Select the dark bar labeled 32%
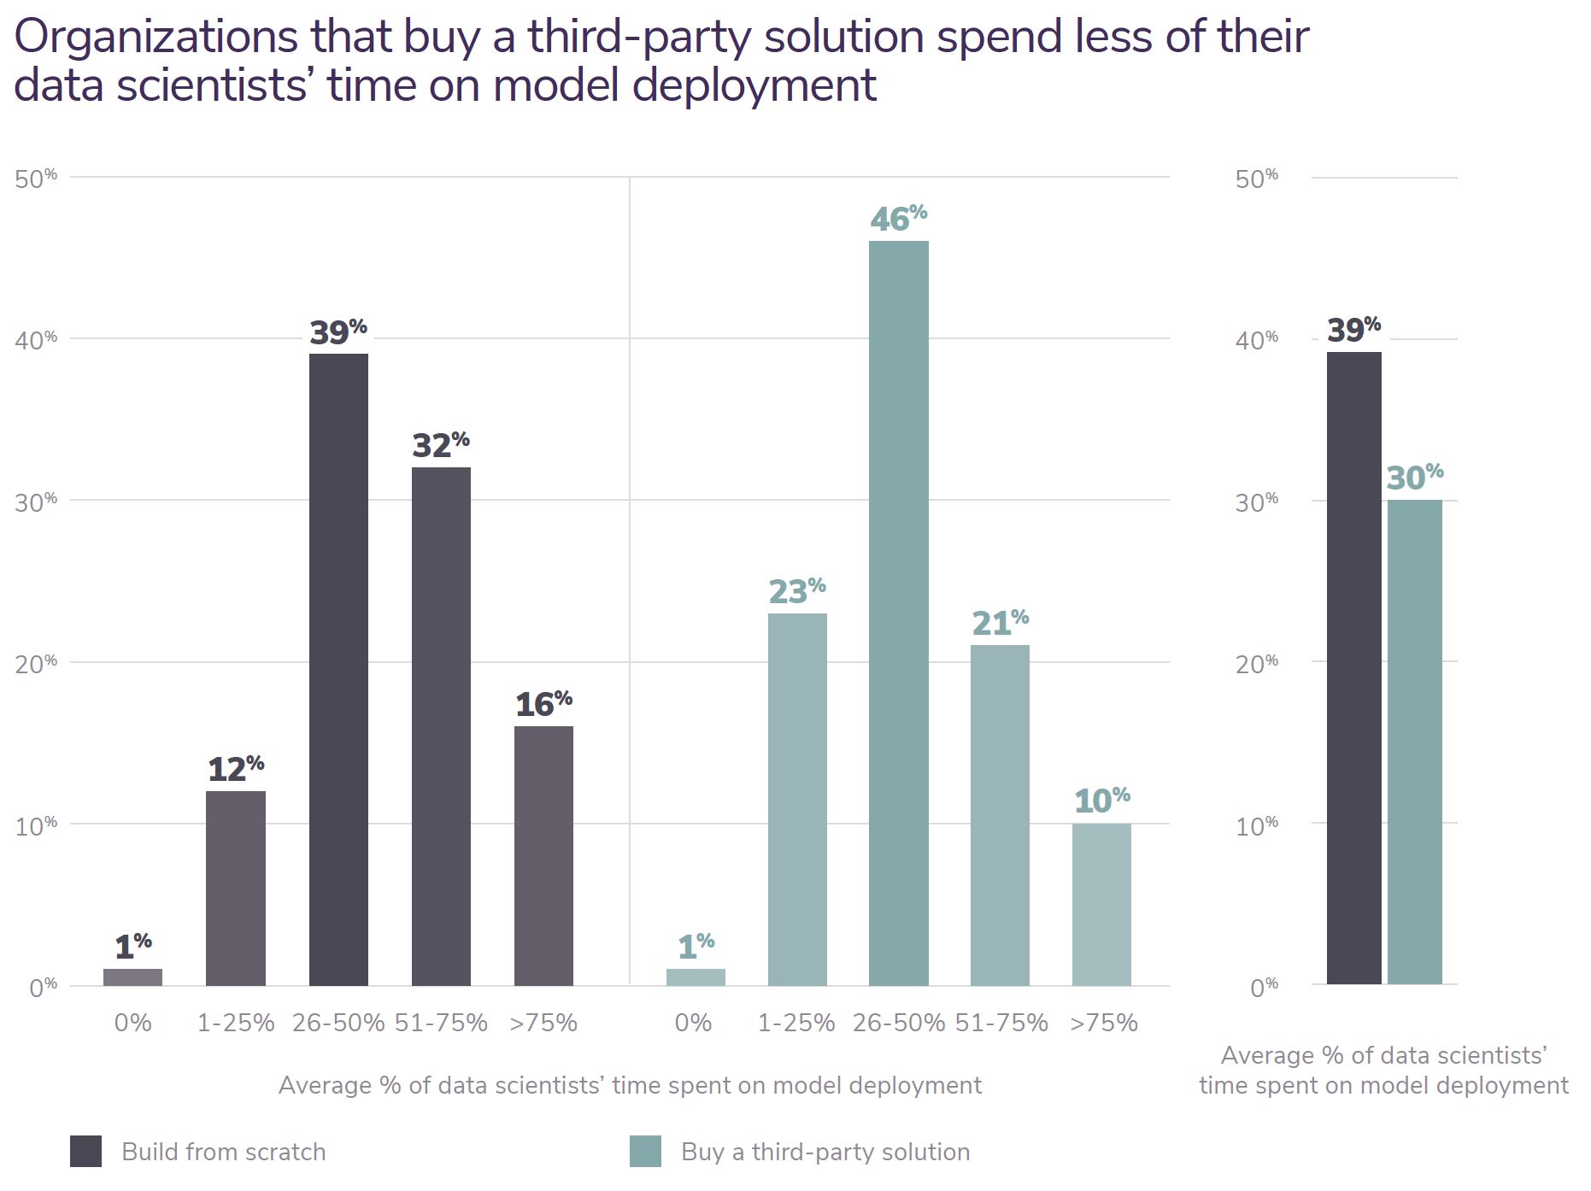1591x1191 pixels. coord(441,726)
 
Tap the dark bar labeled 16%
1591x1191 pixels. coord(543,855)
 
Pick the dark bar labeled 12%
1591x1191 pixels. coord(236,888)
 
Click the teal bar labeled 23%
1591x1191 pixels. coord(797,799)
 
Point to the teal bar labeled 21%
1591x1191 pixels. coord(1000,815)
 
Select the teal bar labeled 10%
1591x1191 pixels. coord(1101,904)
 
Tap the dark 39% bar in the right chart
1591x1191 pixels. coord(1353,667)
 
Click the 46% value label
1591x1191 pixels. coord(898,219)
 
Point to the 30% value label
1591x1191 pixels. coord(1414,478)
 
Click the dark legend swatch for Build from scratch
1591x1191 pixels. coord(85,1151)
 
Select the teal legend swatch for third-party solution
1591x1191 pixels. coord(645,1151)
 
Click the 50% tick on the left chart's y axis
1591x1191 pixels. coord(36,179)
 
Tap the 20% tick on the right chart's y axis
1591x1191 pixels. coord(1256,663)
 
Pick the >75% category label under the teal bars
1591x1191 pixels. coord(1103,1023)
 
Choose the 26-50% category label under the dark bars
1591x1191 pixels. coord(338,1023)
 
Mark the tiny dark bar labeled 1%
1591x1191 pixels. coord(132,977)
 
